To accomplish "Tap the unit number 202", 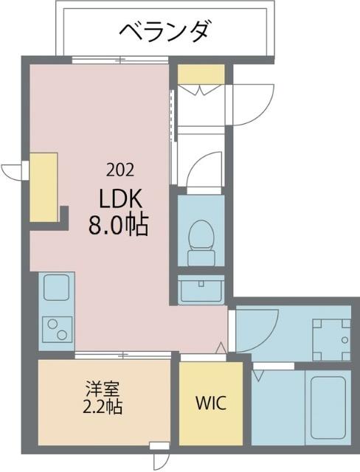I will click(x=120, y=170).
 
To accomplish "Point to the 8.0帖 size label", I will click(x=119, y=224).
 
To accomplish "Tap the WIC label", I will click(x=210, y=404).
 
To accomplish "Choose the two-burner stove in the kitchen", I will click(x=56, y=327).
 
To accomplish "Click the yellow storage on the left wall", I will click(x=44, y=187).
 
